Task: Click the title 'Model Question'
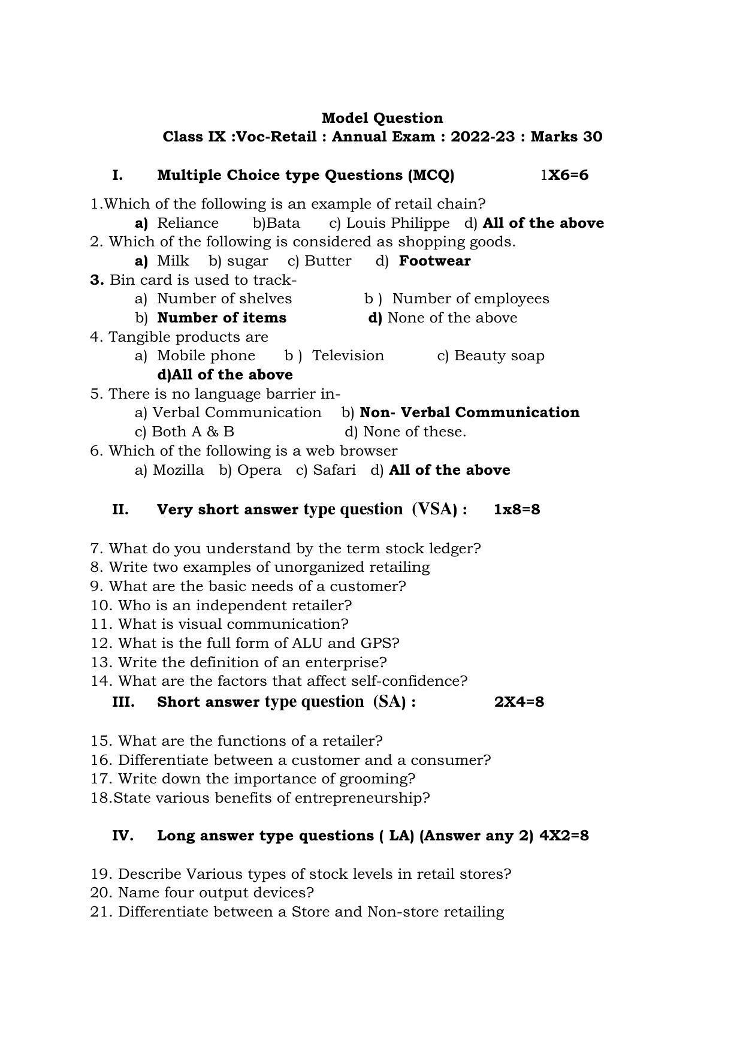[x=382, y=118]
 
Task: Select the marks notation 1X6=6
[x=564, y=175]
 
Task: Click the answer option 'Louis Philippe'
[x=397, y=223]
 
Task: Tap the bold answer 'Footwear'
[x=434, y=261]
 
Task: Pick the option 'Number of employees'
[x=470, y=299]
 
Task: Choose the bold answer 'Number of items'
[x=222, y=318]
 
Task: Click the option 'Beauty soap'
[x=499, y=355]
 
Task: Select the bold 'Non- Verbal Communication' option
[x=469, y=412]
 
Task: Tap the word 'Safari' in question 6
[x=334, y=470]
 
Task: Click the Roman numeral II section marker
[x=120, y=510]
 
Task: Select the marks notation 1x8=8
[x=517, y=510]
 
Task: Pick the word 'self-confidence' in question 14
[x=424, y=681]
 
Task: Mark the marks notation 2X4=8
[x=519, y=702]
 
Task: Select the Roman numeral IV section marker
[x=122, y=836]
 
